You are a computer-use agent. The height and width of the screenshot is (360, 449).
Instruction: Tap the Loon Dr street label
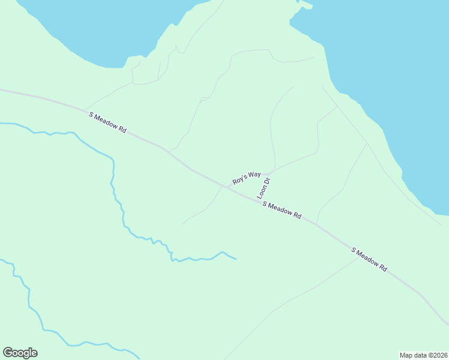coord(264,188)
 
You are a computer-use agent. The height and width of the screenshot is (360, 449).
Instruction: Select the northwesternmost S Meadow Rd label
coord(107,122)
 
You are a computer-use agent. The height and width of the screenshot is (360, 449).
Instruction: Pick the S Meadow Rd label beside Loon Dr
coord(282,210)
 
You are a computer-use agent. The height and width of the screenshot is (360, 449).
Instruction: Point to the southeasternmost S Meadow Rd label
coord(369,259)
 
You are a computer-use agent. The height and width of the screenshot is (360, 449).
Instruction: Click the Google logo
coord(20,353)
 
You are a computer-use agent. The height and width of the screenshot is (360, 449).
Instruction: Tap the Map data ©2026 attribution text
coord(423,355)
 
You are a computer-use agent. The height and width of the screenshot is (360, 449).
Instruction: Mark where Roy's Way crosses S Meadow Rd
coord(223,187)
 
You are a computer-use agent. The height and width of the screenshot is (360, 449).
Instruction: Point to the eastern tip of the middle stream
coord(236,259)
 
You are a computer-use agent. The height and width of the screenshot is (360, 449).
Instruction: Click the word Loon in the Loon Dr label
coord(262,192)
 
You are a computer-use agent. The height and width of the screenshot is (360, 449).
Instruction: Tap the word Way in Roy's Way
coord(255,175)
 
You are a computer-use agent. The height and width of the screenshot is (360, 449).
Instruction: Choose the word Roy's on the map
coord(240,179)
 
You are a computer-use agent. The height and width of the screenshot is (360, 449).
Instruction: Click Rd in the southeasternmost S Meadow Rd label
coord(382,268)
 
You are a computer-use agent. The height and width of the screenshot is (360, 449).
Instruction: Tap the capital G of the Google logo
coord(8,353)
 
